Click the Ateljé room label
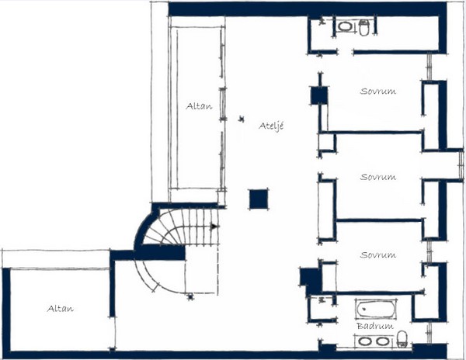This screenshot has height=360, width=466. coord(271,126)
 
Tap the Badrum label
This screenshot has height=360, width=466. coord(375,326)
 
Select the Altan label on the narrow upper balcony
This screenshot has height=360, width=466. coord(199,106)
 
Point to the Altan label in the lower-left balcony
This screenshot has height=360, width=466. coord(61,309)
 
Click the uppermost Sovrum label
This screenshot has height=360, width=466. coord(378,91)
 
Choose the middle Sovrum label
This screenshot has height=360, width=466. coord(378,177)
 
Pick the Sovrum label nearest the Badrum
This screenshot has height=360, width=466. coord(378,254)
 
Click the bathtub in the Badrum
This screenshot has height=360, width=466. coord(376,310)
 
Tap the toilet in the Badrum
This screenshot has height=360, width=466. coord(402,339)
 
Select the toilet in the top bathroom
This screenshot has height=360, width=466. coord(364,27)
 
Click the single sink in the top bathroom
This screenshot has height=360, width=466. coord(345,26)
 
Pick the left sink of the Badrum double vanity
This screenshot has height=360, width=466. coord(365,341)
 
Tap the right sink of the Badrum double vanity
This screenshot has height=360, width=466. coord(382,341)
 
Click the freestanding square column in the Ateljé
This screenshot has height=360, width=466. coord(259,199)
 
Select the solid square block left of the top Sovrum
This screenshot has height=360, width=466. coord(319,95)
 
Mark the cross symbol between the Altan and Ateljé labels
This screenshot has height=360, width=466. coord(242,119)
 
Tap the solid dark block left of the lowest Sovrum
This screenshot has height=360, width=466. coord(311,280)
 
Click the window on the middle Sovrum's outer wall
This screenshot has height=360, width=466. coord(461,164)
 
